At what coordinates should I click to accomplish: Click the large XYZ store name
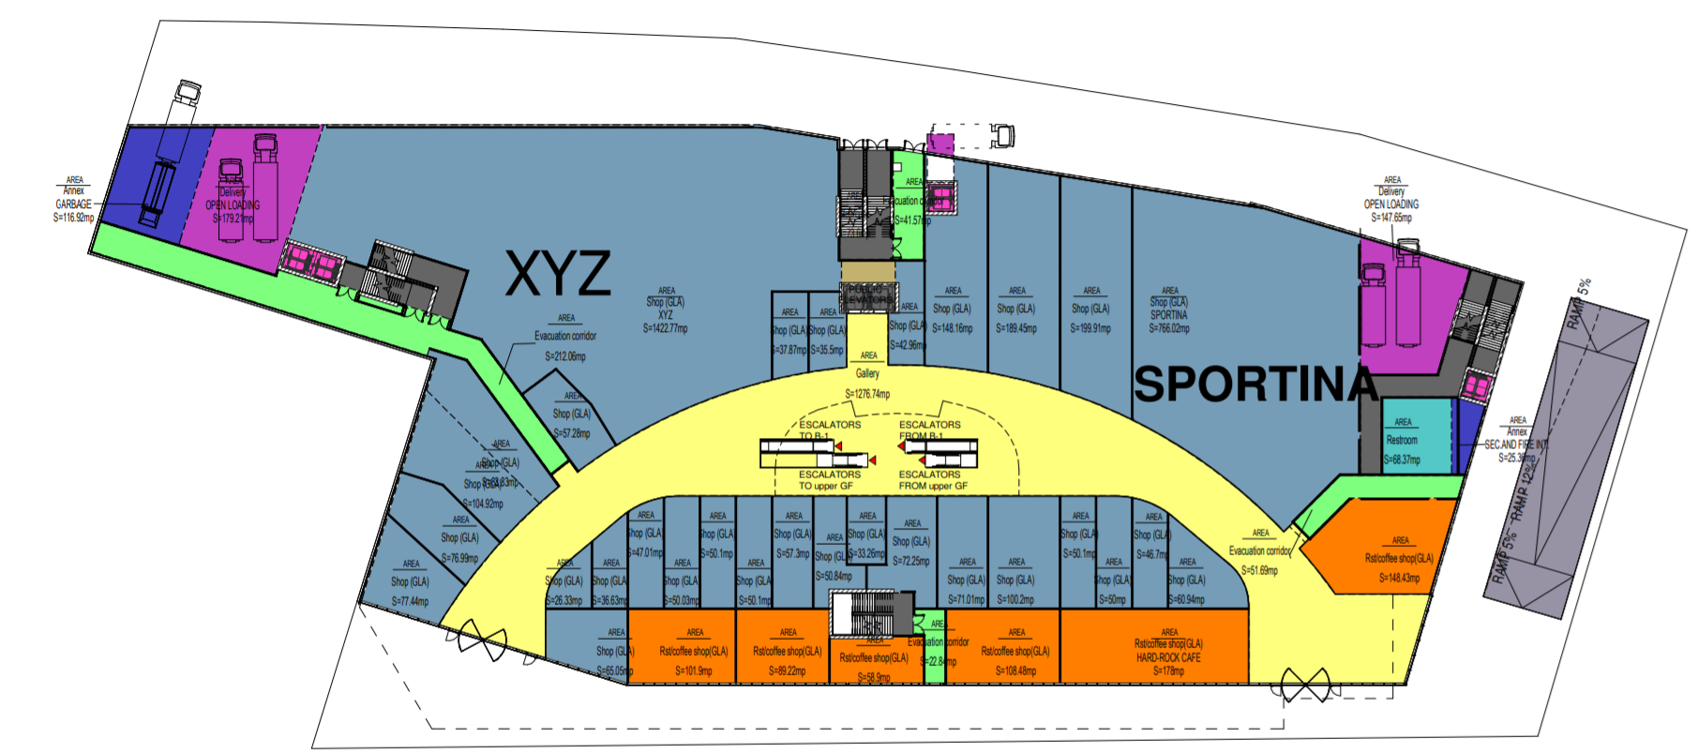pyautogui.click(x=559, y=274)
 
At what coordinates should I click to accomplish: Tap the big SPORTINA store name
pyautogui.click(x=1255, y=385)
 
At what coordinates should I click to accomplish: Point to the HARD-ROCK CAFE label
pyautogui.click(x=1168, y=657)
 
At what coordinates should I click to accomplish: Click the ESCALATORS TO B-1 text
pyautogui.click(x=829, y=430)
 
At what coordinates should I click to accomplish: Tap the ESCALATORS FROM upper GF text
pyautogui.click(x=932, y=480)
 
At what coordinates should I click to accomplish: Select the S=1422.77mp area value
pyautogui.click(x=665, y=329)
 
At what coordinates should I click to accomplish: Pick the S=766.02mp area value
pyautogui.click(x=1169, y=328)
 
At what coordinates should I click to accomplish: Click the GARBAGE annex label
pyautogui.click(x=73, y=204)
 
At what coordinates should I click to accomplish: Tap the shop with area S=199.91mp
pyautogui.click(x=1091, y=309)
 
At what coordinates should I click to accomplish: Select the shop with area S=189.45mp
pyautogui.click(x=1016, y=309)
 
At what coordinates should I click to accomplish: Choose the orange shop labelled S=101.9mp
pyautogui.click(x=694, y=652)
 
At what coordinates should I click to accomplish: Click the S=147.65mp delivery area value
pyautogui.click(x=1391, y=218)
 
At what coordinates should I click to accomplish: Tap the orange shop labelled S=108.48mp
pyautogui.click(x=1015, y=652)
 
